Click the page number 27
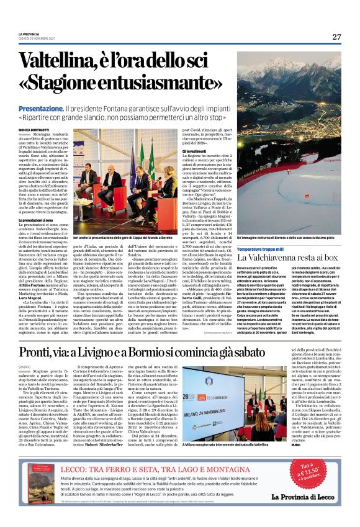click(336, 37)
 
